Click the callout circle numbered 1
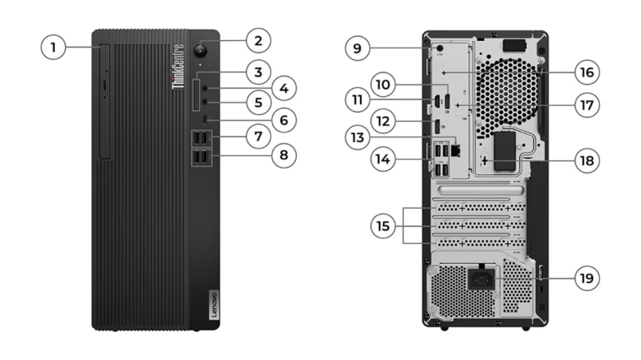click(53, 47)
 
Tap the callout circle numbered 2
click(258, 39)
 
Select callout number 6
click(284, 120)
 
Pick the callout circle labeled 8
click(284, 154)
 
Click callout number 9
click(357, 48)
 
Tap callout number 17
click(586, 105)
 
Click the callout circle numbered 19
click(586, 278)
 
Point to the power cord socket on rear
click(482, 278)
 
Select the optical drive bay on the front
click(104, 103)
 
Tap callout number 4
click(284, 86)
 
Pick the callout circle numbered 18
click(586, 161)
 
